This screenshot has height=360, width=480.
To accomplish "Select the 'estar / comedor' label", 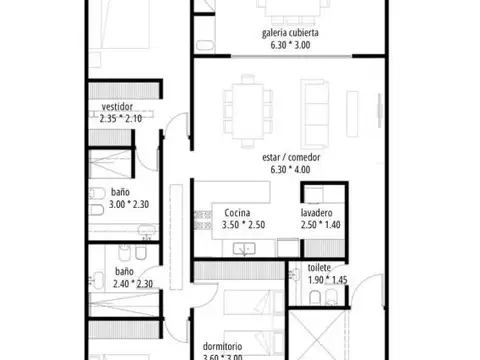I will click(290, 156).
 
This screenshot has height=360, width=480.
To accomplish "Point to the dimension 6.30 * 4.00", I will click(290, 169).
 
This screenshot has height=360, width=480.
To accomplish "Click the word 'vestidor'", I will click(118, 107).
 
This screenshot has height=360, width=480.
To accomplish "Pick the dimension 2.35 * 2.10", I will click(122, 118).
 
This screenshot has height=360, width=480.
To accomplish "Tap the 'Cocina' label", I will click(237, 213).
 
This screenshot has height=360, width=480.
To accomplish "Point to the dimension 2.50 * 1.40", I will click(321, 225).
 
